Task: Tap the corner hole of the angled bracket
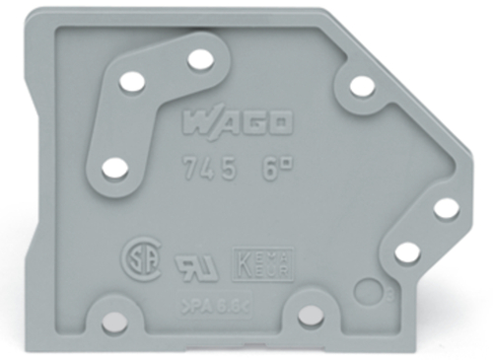132,83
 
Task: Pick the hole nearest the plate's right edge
446,207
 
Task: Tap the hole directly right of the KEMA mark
406,252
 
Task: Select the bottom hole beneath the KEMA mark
310,315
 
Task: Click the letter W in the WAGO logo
196,125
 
